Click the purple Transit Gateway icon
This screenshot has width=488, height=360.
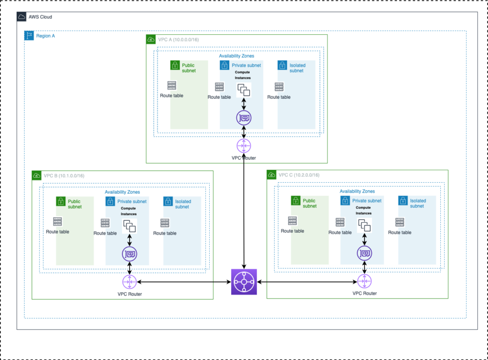pos(244,282)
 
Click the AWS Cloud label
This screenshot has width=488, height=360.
pos(40,17)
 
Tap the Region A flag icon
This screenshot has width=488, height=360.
pos(29,35)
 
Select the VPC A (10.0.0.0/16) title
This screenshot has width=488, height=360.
pos(178,40)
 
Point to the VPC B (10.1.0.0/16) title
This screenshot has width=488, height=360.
pos(64,175)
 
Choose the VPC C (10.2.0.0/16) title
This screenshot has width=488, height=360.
pos(299,175)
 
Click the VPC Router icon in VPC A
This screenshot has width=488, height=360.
pos(244,146)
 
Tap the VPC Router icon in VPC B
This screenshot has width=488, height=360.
pos(130,282)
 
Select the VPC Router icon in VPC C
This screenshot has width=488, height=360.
pos(365,281)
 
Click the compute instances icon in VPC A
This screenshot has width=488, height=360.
pos(244,90)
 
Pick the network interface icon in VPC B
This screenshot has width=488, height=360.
pos(130,254)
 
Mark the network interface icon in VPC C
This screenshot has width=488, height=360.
pos(365,253)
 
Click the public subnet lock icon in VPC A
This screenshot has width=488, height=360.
pos(175,65)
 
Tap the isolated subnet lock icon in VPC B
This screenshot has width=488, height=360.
pos(168,201)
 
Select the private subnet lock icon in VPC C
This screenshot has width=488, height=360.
pos(345,201)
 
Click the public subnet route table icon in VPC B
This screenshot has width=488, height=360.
pos(58,222)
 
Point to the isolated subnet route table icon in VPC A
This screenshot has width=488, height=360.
pos(279,87)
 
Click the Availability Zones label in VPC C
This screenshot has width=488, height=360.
pos(357,191)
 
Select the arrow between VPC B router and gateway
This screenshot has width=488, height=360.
pos(184,282)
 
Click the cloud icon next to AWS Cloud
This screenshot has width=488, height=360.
pos(21,17)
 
